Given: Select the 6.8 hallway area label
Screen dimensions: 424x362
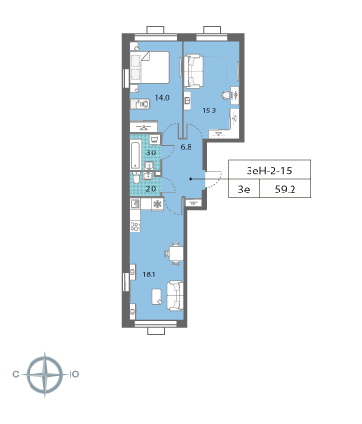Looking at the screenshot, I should [185, 147].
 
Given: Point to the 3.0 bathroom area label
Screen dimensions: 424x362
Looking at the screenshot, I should [151, 153].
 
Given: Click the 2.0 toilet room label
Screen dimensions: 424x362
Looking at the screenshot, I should [151, 189].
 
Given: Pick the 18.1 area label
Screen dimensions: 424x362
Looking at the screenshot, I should [148, 273].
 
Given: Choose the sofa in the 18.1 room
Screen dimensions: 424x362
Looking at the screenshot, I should [174, 296].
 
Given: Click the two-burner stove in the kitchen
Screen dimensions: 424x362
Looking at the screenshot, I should [135, 226].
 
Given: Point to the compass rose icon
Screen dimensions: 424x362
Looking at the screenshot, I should [44, 373].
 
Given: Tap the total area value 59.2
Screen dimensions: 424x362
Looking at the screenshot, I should [285, 189].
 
